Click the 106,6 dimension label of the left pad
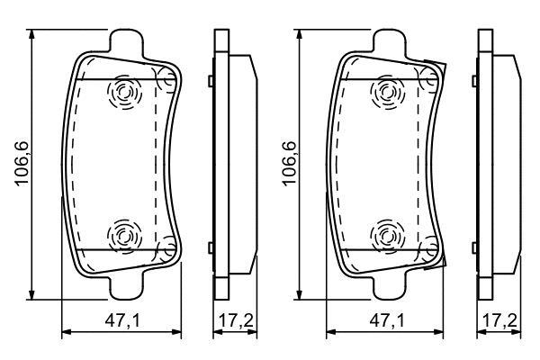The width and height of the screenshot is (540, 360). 22,164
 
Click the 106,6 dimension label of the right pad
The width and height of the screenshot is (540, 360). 289,164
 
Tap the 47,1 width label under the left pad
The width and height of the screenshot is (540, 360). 122,321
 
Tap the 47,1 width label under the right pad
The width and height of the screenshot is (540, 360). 387,321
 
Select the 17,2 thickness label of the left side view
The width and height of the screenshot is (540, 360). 236,321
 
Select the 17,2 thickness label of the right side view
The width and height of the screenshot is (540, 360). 499,321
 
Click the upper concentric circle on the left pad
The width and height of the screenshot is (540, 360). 124,92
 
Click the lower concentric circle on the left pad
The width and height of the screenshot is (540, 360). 124,237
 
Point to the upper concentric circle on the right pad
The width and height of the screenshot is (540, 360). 388,92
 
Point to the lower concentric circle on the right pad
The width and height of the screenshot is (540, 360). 388,237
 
